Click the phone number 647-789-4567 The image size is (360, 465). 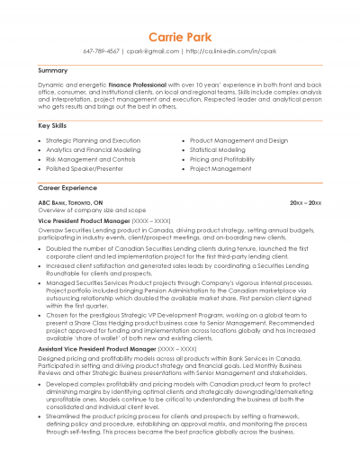107,51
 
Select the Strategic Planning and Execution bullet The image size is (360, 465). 93,141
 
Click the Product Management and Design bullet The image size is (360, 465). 238,141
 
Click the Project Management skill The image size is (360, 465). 220,168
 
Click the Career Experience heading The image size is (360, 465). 67,188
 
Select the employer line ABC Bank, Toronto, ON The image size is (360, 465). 70,203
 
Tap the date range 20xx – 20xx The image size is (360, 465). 306,203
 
